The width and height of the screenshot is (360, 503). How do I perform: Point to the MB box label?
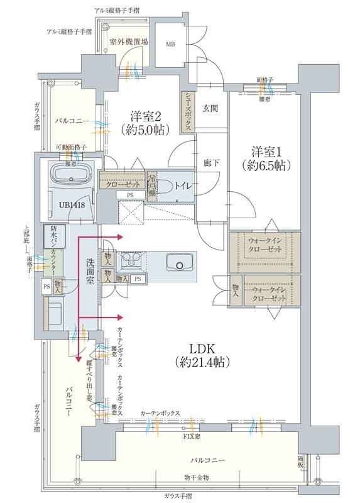coord(170,45)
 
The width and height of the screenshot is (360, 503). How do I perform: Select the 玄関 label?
coord(209,108)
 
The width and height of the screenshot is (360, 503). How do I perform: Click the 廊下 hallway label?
coord(210,162)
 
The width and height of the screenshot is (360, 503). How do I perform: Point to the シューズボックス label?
coord(188,111)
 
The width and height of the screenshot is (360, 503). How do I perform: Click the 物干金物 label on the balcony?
coord(197,478)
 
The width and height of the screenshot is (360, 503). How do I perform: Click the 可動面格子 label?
coord(71,146)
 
